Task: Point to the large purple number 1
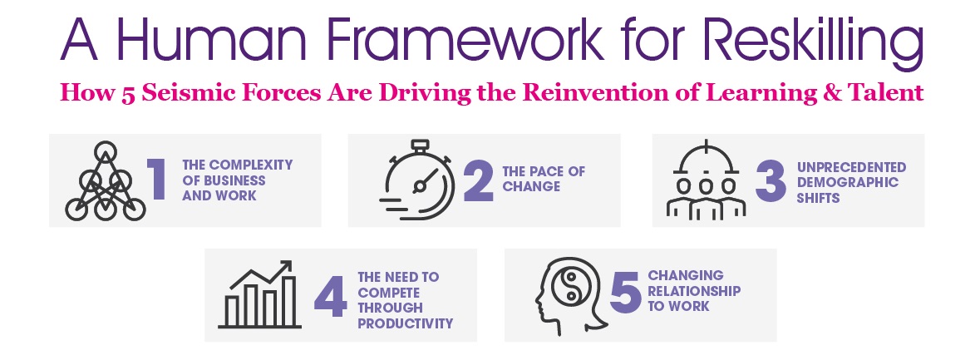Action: tap(157, 180)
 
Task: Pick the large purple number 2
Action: tap(479, 180)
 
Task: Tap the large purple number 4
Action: tap(330, 297)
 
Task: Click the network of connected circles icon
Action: tap(106, 181)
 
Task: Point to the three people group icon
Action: tap(706, 180)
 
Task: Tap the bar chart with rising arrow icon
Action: tap(260, 294)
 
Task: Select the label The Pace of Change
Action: tap(544, 179)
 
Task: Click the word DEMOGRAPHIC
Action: tap(848, 182)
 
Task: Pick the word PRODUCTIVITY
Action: tap(406, 323)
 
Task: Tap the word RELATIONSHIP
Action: tap(695, 290)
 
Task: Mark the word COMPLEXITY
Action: tap(250, 165)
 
